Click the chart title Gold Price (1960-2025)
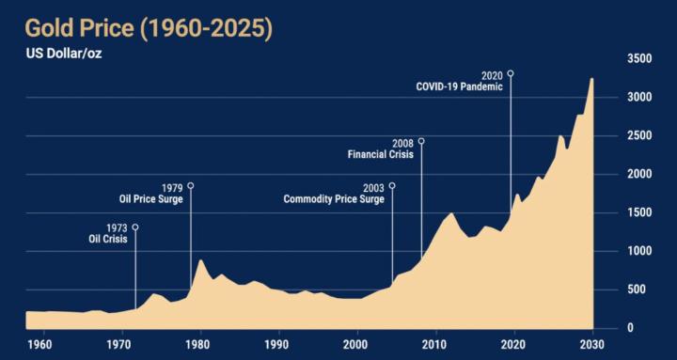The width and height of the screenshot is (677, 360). point(138,28)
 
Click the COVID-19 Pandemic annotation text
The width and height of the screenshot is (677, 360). point(460,86)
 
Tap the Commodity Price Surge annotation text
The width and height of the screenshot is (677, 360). point(334,199)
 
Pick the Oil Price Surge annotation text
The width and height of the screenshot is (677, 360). point(150,199)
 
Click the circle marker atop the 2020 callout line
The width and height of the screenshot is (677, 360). point(511,73)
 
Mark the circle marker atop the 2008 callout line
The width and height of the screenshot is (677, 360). point(421,142)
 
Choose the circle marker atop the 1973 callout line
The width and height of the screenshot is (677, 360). point(135,227)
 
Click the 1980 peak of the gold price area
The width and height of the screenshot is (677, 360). point(199,261)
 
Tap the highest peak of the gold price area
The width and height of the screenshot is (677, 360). point(592,79)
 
